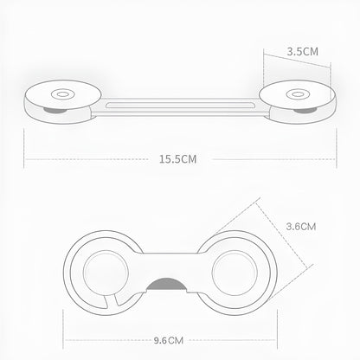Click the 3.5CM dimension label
click(303, 52)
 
